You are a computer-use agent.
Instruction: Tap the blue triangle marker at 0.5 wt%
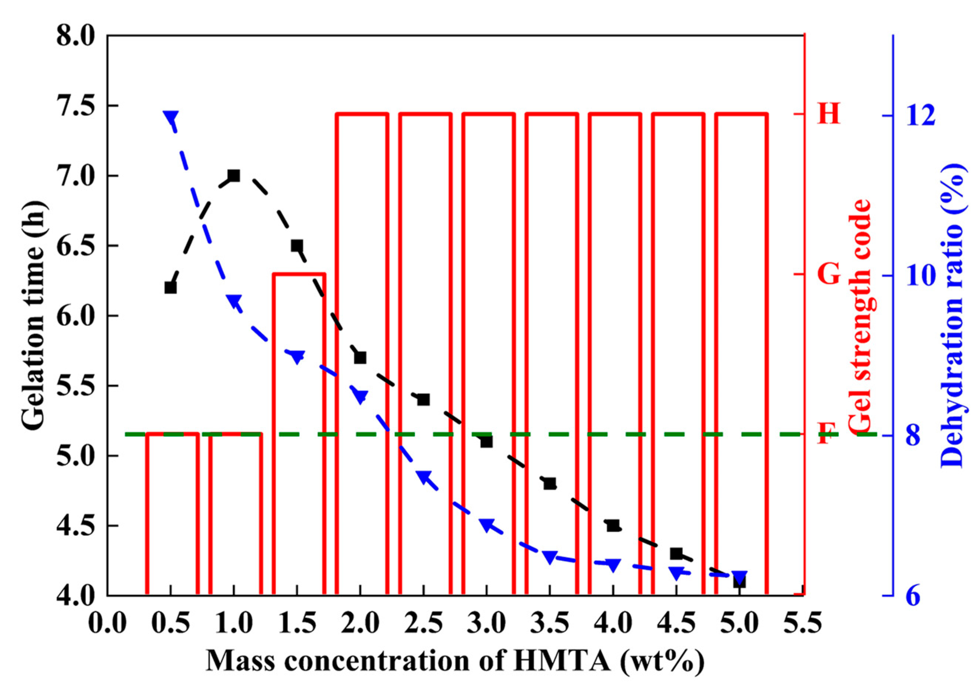pyautogui.click(x=171, y=118)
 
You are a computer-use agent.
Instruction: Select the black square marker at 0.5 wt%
pyautogui.click(x=171, y=287)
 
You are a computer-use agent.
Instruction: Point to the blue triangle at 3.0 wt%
pyautogui.click(x=487, y=525)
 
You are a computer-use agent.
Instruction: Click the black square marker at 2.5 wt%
pyautogui.click(x=423, y=400)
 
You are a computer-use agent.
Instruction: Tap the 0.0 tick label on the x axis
pyautogui.click(x=107, y=624)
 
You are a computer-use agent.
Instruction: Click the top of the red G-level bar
pyautogui.click(x=299, y=273)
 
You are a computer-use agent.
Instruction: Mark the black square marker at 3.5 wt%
pyautogui.click(x=550, y=483)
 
